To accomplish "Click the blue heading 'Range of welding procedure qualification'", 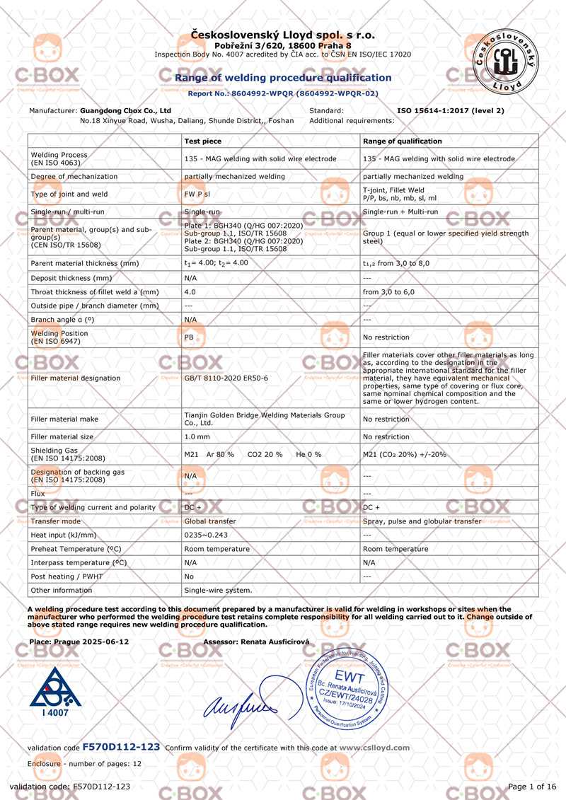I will [x=283, y=78].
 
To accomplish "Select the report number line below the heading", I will [x=283, y=93].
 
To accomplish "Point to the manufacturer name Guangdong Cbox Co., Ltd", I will [x=126, y=111].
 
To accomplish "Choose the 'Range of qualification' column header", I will [x=402, y=141].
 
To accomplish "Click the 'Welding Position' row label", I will [x=59, y=337].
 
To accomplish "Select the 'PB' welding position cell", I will [x=189, y=337].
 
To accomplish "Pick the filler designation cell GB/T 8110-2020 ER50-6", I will [x=226, y=378].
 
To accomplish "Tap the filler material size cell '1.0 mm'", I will [x=197, y=437].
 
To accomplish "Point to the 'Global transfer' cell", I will [x=210, y=521].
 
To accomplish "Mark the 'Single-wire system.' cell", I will [x=218, y=590].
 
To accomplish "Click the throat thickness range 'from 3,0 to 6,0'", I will [x=389, y=292].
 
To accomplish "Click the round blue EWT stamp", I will [x=350, y=690].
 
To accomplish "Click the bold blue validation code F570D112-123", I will [x=121, y=747].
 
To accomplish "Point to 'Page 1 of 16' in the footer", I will [x=531, y=787].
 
